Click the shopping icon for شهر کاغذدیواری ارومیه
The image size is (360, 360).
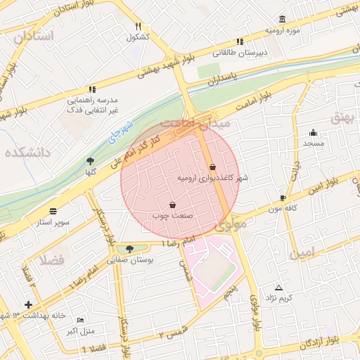(x=213, y=167)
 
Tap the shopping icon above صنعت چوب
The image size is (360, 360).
(x=172, y=205)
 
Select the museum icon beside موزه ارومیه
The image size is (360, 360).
(x=282, y=19)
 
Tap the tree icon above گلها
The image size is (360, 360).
(x=90, y=161)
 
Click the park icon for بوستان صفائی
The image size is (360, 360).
(x=129, y=248)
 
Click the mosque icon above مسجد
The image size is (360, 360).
(x=313, y=132)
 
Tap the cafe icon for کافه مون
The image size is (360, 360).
(x=283, y=198)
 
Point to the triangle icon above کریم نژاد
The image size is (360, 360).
(x=279, y=288)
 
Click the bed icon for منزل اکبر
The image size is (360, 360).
(x=79, y=319)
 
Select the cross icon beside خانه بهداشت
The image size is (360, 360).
(x=28, y=304)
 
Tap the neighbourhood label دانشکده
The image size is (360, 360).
(x=28, y=152)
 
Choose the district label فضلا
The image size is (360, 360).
(x=53, y=259)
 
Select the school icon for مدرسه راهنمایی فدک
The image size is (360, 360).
(x=91, y=89)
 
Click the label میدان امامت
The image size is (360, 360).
(x=191, y=124)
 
